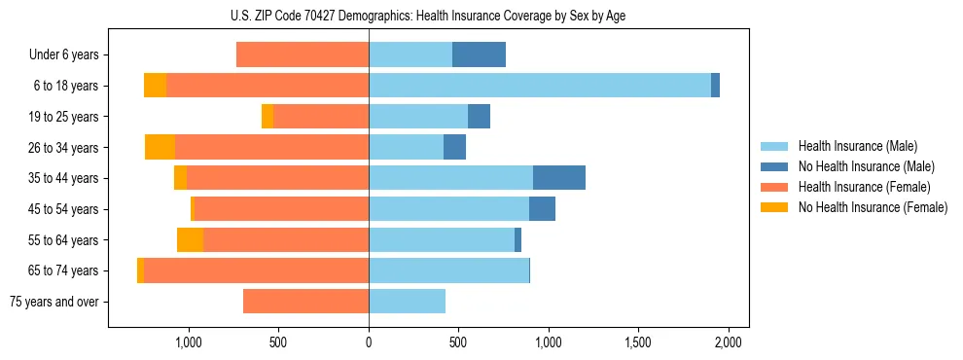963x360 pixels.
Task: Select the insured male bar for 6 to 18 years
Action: pyautogui.click(x=540, y=86)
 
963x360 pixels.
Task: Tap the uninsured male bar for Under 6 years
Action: pyautogui.click(x=479, y=54)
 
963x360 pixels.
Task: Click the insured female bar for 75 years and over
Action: pyautogui.click(x=305, y=302)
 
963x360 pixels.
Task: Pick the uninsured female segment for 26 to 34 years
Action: pyautogui.click(x=160, y=147)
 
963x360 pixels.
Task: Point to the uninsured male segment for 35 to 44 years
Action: pyautogui.click(x=559, y=178)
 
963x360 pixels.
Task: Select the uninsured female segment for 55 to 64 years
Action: pyautogui.click(x=190, y=239)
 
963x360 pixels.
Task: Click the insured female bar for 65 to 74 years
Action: pyautogui.click(x=256, y=270)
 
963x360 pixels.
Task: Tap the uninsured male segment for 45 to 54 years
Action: pyautogui.click(x=542, y=209)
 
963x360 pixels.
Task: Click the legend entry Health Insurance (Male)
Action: pyautogui.click(x=857, y=146)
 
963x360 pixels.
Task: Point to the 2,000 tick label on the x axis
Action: pyautogui.click(x=729, y=342)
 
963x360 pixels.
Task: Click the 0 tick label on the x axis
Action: pyautogui.click(x=369, y=342)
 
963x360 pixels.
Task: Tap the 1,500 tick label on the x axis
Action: pyautogui.click(x=638, y=342)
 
